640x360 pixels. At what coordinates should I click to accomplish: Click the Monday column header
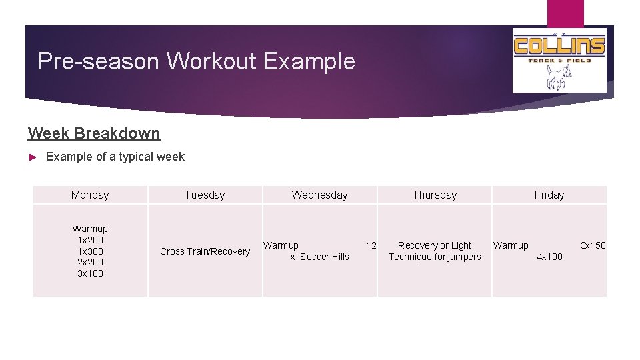point(90,195)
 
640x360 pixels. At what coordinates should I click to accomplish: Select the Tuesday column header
point(205,195)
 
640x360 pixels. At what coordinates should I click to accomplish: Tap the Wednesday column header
point(319,195)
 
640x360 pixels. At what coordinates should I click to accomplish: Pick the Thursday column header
point(435,195)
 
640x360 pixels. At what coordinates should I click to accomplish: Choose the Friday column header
point(549,195)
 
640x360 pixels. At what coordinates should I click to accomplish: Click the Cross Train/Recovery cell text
point(205,251)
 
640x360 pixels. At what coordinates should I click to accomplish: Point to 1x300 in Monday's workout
point(90,251)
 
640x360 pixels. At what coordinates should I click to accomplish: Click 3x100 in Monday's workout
point(90,273)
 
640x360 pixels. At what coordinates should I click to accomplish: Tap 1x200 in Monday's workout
point(90,240)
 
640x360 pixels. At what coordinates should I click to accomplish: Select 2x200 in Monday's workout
point(90,262)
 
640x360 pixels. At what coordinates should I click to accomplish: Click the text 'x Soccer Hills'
point(319,257)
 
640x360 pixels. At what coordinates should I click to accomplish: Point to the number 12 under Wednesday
point(371,245)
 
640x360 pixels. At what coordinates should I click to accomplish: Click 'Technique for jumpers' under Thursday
point(435,257)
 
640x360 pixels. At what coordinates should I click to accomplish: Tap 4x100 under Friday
point(549,257)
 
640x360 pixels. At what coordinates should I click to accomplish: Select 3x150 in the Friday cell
point(593,245)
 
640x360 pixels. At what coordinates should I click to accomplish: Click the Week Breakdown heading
point(94,133)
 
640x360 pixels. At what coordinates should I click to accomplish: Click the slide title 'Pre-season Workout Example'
point(197,61)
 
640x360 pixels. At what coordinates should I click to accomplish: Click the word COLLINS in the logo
point(559,46)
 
